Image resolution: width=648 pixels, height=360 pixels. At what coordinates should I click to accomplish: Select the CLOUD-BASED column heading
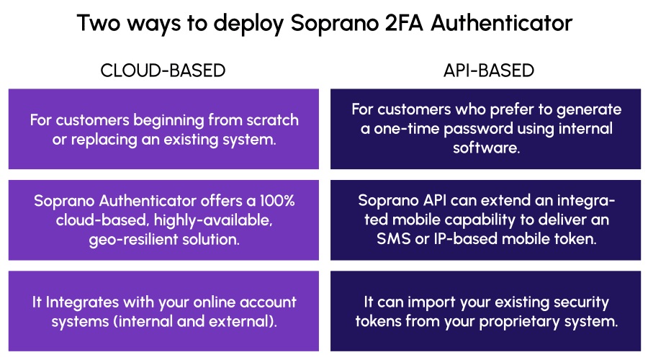(163, 71)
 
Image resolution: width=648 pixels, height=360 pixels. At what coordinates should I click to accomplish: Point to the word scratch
(272, 120)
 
